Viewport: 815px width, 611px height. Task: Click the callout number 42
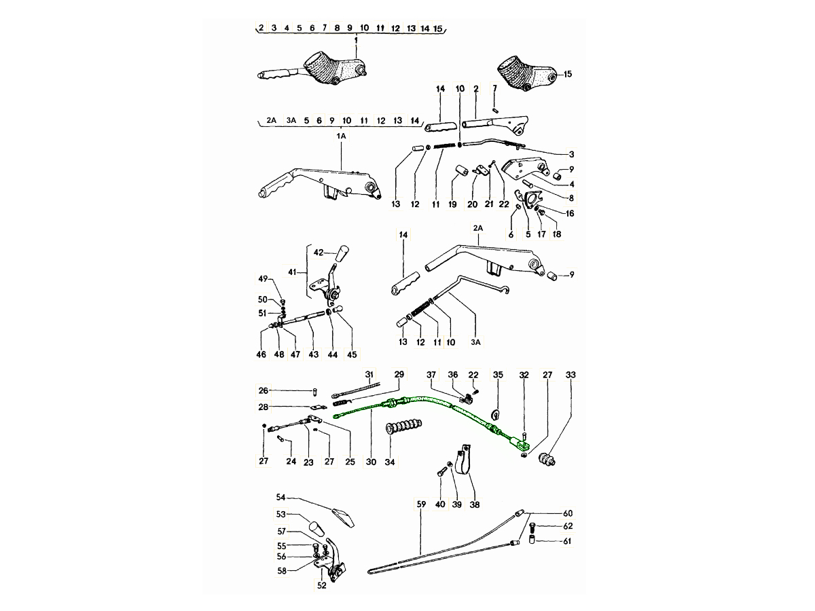[x=319, y=253]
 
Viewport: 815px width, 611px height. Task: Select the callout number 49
[x=263, y=278]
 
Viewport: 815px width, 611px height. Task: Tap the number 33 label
[x=570, y=375]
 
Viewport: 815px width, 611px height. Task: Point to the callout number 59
[x=421, y=504]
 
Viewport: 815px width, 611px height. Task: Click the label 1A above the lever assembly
[x=341, y=136]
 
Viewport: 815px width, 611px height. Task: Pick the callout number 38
[x=475, y=504]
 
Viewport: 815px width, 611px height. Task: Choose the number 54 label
[x=280, y=497]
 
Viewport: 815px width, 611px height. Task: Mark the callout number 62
[x=568, y=526]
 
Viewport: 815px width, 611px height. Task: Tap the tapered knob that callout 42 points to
[x=343, y=253]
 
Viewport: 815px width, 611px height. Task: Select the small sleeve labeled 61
[x=531, y=540]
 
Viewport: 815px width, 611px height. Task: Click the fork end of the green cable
[x=522, y=443]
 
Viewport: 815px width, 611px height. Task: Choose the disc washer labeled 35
[x=495, y=414]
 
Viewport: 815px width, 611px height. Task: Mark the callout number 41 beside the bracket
[x=292, y=272]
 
